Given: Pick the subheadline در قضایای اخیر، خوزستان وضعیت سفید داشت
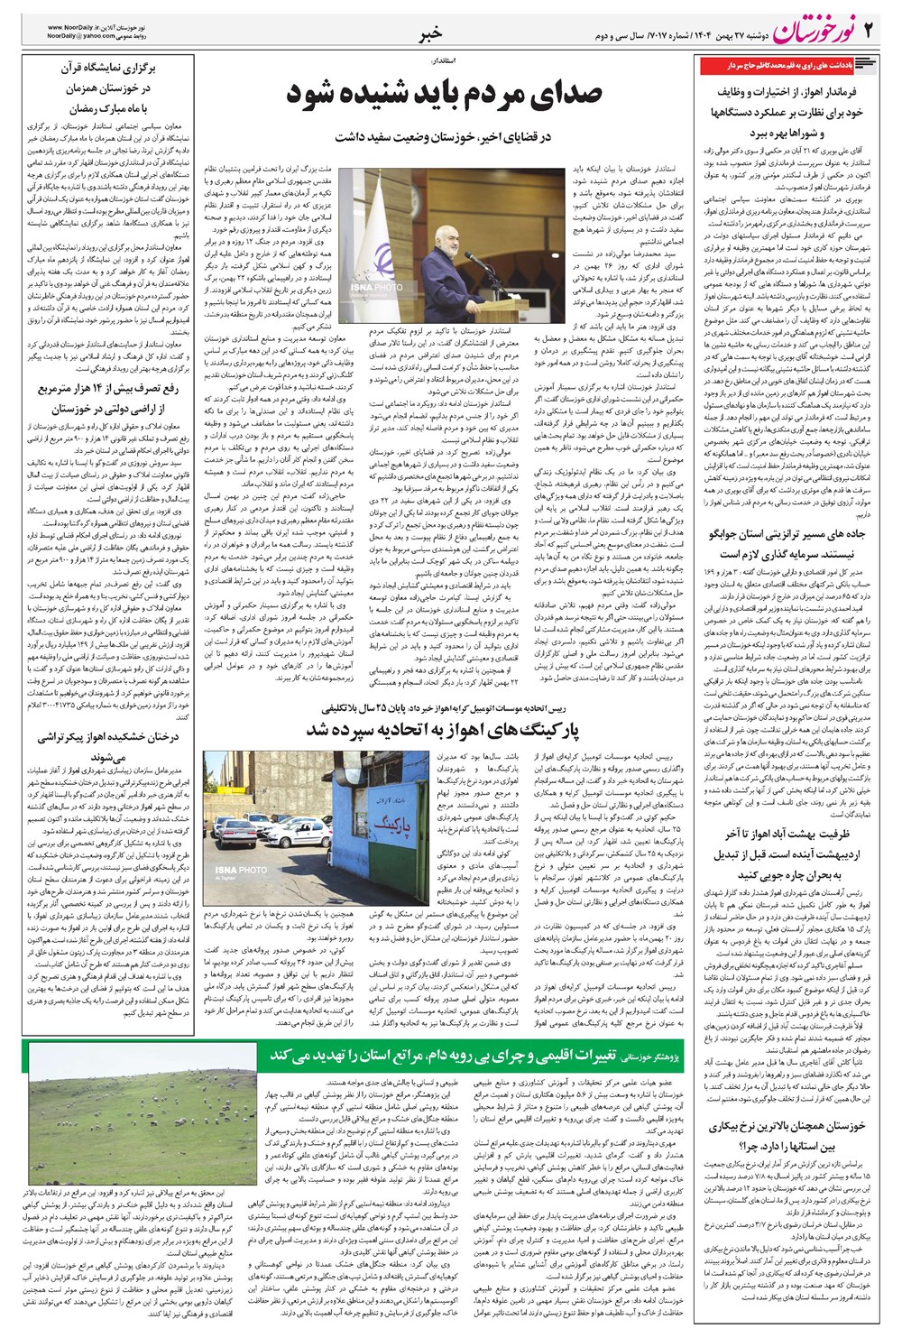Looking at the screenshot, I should point(443,137).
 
